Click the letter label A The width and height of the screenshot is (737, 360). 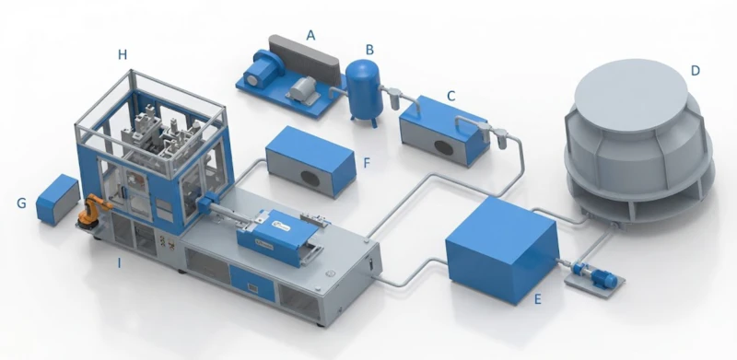tap(311, 34)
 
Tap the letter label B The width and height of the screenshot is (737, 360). tap(368, 48)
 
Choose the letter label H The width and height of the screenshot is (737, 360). tap(123, 56)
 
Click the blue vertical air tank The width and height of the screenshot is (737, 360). tap(365, 89)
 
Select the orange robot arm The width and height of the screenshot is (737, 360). tap(90, 212)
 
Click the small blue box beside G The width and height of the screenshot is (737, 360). tap(57, 197)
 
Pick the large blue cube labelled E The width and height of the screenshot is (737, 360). tap(500, 249)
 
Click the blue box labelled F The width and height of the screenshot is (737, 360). tap(310, 158)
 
